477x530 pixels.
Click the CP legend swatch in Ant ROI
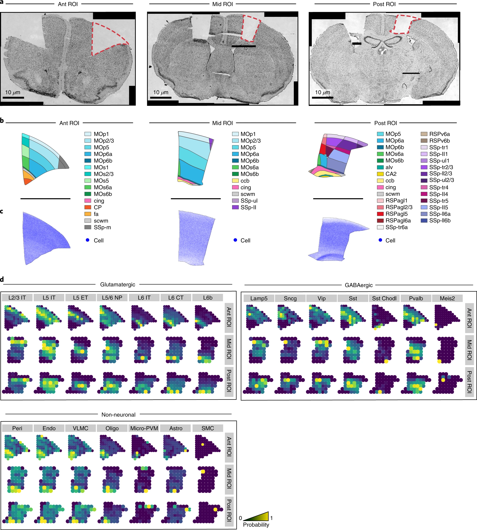tap(88, 207)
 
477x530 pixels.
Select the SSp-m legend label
tap(102, 228)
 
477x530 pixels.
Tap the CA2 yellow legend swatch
tap(380, 174)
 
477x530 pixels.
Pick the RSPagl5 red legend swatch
tap(380, 214)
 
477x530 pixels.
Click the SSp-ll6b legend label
tap(439, 221)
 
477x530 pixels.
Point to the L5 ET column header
tap(80, 298)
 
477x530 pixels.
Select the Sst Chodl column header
tap(384, 299)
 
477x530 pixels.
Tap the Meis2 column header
tap(447, 299)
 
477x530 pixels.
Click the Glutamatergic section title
tap(118, 285)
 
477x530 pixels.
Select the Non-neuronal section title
tap(118, 415)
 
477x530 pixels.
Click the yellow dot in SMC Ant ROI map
tap(203, 445)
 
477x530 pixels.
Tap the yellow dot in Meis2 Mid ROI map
tap(439, 361)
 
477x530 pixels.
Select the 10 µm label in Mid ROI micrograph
tap(161, 93)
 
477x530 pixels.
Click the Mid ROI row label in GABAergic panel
tap(469, 350)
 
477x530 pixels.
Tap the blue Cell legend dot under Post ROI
tap(380, 240)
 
